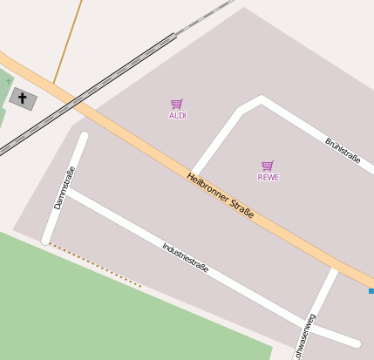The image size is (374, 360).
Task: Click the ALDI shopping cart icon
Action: (177, 104)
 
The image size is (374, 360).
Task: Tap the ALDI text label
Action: (178, 115)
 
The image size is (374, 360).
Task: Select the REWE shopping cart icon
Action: (268, 166)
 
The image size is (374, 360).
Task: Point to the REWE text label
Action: (269, 177)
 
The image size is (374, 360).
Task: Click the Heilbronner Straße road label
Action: (221, 194)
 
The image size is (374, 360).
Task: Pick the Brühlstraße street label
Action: (343, 151)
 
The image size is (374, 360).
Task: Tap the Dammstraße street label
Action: (65, 187)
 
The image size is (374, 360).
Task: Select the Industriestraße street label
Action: (186, 258)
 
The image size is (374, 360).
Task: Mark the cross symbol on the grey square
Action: (23, 98)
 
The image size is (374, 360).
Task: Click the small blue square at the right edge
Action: (371, 290)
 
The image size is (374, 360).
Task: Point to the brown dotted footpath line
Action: (96, 266)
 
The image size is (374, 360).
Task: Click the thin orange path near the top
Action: (68, 44)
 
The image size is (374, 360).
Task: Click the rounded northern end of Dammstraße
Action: (84, 136)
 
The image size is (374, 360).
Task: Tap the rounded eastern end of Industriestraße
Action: (355, 342)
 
